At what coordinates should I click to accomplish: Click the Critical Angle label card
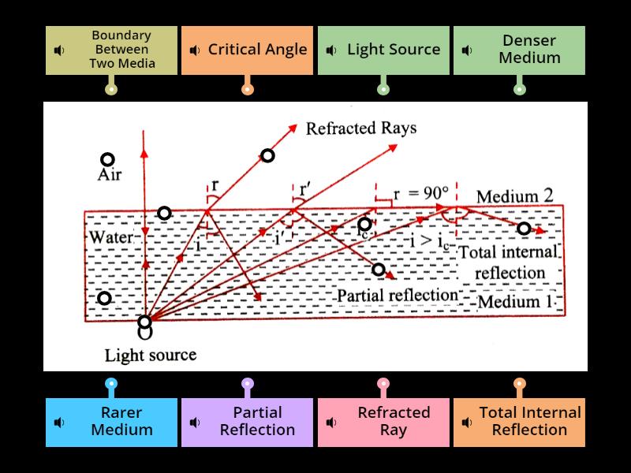click(247, 50)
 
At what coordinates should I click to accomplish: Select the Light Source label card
click(383, 50)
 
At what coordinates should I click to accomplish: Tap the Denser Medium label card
click(519, 50)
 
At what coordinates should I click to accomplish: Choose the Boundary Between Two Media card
click(111, 50)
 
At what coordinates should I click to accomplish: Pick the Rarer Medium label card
click(111, 422)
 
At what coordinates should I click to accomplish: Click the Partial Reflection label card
click(247, 422)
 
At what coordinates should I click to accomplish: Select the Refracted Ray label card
click(383, 422)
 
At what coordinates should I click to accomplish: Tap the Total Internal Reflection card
click(519, 422)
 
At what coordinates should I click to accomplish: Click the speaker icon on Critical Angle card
click(195, 50)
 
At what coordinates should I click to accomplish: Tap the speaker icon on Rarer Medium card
click(59, 422)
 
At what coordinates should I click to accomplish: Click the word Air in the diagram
click(109, 175)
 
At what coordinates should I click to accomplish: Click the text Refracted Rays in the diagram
click(361, 128)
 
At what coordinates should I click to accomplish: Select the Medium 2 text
click(515, 196)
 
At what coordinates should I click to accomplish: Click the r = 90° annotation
click(421, 192)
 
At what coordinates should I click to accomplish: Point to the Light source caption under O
click(151, 355)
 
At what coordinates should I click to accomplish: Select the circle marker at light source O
click(144, 322)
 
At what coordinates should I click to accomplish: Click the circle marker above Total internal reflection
click(523, 229)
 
